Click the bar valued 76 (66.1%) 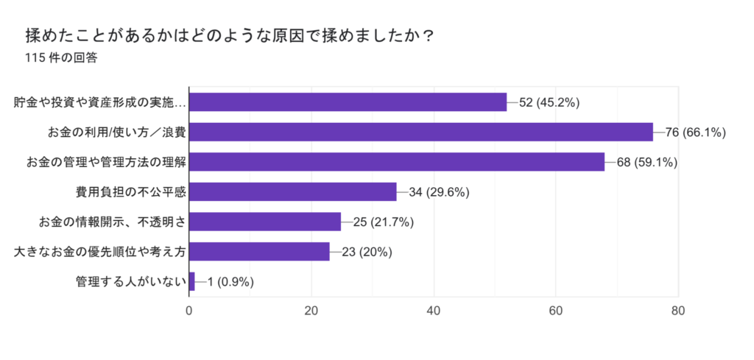(x=420, y=132)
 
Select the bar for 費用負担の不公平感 (x=292, y=192)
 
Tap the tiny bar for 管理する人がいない (x=192, y=281)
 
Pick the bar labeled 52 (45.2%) (x=348, y=102)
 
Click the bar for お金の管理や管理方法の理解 (x=396, y=162)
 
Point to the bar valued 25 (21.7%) (x=265, y=222)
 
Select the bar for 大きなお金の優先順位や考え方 (x=259, y=252)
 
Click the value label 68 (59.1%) (x=646, y=162)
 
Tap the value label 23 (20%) (x=367, y=252)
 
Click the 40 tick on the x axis (x=434, y=311)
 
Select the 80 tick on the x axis (x=678, y=311)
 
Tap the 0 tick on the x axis (x=189, y=311)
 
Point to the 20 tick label (x=311, y=311)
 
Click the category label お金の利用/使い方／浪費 (x=116, y=132)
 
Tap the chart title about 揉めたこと (x=228, y=34)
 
